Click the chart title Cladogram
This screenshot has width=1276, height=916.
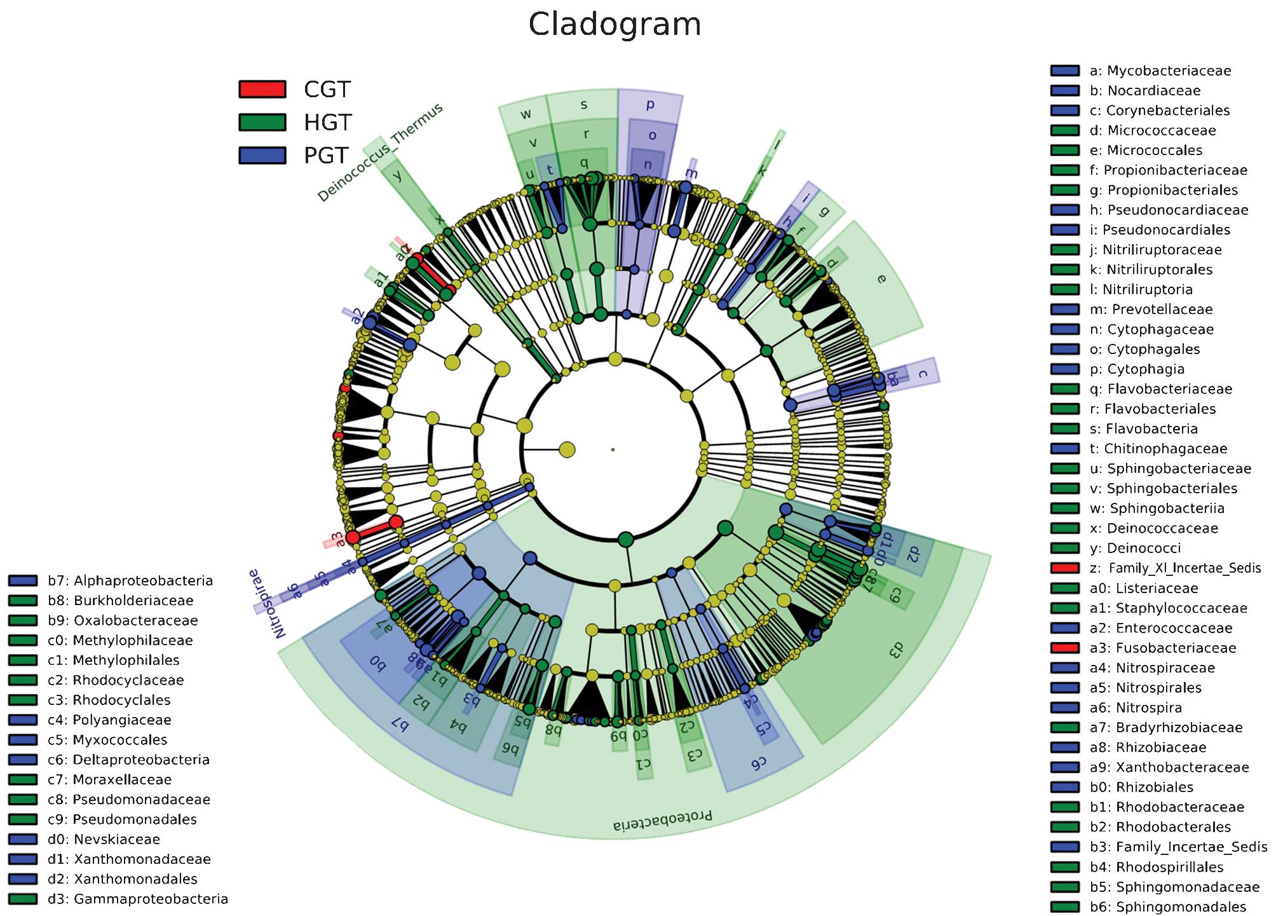pyautogui.click(x=614, y=25)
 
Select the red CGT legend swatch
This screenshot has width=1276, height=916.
pyautogui.click(x=262, y=89)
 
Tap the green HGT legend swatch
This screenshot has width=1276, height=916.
pyautogui.click(x=262, y=122)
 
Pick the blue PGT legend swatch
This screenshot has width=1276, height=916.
pyautogui.click(x=262, y=155)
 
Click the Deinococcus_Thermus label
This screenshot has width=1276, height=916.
pyautogui.click(x=379, y=153)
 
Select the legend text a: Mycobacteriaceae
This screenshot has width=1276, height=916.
pyautogui.click(x=1160, y=71)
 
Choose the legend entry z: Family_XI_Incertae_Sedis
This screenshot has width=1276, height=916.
pyautogui.click(x=1175, y=568)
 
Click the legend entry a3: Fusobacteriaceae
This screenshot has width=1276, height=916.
pyautogui.click(x=1163, y=648)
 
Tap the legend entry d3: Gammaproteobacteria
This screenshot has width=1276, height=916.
pyautogui.click(x=137, y=899)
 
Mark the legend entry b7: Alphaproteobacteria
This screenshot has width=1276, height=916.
pyautogui.click(x=130, y=580)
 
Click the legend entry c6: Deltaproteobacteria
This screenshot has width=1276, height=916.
pyautogui.click(x=128, y=760)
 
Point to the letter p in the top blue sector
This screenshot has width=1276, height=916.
pyautogui.click(x=649, y=104)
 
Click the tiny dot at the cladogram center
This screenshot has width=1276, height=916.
pyautogui.click(x=613, y=449)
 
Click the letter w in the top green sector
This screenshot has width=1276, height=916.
pyautogui.click(x=526, y=114)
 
